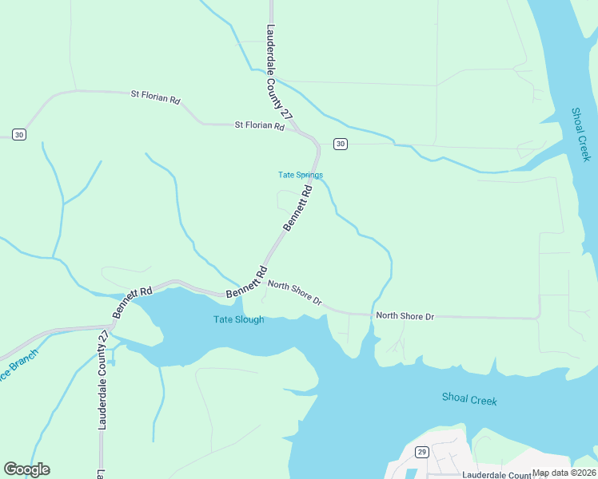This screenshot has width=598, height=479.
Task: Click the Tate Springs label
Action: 300,175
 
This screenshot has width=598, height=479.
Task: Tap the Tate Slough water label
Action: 238,320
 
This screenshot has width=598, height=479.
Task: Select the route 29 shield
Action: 421,452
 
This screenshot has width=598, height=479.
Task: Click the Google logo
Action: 26,469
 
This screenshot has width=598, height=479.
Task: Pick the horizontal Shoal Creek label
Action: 469,399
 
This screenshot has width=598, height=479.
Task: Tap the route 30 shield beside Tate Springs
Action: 341,144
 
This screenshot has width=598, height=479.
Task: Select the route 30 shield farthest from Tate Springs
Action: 19,134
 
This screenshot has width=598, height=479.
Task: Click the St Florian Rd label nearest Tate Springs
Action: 259,125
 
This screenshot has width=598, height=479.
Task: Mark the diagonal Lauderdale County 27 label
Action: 277,72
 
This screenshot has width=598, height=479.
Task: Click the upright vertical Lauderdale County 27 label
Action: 102,381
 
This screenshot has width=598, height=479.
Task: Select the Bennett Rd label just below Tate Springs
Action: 297,209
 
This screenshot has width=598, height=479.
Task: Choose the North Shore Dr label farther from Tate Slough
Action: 405,316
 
